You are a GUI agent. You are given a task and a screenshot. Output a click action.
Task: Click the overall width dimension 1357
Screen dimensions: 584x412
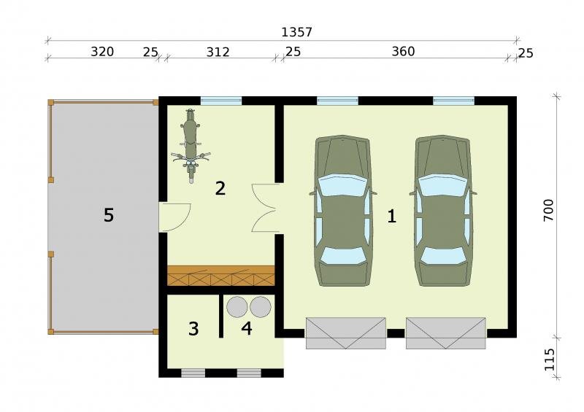click(296, 32)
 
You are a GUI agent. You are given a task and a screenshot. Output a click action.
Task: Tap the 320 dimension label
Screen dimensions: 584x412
click(102, 52)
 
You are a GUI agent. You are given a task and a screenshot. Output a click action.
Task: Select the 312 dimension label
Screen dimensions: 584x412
click(218, 52)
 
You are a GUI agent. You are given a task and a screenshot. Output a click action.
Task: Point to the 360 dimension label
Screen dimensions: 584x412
click(404, 51)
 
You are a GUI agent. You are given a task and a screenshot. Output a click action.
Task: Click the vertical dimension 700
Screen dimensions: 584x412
click(549, 210)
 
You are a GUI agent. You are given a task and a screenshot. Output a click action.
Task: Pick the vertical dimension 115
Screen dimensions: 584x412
click(550, 359)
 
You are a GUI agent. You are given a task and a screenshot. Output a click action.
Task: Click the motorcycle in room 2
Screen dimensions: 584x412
click(191, 146)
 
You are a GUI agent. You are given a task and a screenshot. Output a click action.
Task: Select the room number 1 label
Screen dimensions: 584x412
click(391, 217)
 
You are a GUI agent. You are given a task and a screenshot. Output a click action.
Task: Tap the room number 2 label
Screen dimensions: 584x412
click(220, 188)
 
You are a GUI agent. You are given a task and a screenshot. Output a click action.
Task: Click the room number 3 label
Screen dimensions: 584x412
click(193, 329)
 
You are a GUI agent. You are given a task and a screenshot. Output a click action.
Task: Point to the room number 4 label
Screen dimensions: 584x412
click(247, 328)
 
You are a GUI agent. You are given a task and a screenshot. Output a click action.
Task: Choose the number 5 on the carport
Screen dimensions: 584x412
click(108, 215)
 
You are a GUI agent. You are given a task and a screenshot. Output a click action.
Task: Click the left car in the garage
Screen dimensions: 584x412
click(343, 211)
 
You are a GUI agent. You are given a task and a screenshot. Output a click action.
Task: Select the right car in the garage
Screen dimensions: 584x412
click(442, 211)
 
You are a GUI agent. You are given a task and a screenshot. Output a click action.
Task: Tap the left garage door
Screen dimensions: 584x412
click(345, 333)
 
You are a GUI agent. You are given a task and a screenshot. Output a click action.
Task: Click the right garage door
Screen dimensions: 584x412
click(446, 333)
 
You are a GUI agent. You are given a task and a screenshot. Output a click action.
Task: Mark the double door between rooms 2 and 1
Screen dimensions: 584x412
click(265, 208)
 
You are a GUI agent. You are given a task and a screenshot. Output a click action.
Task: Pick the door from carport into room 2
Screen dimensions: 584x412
click(175, 217)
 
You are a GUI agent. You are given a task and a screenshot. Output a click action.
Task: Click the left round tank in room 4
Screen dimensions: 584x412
click(237, 307)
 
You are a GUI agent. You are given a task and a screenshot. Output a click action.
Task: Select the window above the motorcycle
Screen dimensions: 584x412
click(221, 101)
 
